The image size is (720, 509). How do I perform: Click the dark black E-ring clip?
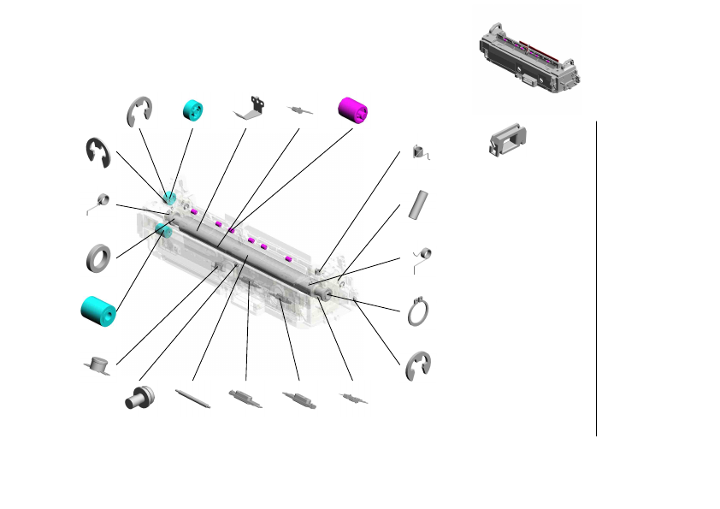(97, 151)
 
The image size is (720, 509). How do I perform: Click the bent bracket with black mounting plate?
(251, 107)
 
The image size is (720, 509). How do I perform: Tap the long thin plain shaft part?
(193, 400)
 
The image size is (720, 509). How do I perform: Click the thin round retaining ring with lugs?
(419, 311)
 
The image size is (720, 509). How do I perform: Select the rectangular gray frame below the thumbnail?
(507, 139)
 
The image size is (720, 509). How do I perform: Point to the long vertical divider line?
(596, 278)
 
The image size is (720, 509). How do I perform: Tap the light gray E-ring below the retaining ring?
(418, 365)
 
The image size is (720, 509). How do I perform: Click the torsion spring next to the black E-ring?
(99, 203)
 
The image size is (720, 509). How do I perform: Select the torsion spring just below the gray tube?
(422, 256)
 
